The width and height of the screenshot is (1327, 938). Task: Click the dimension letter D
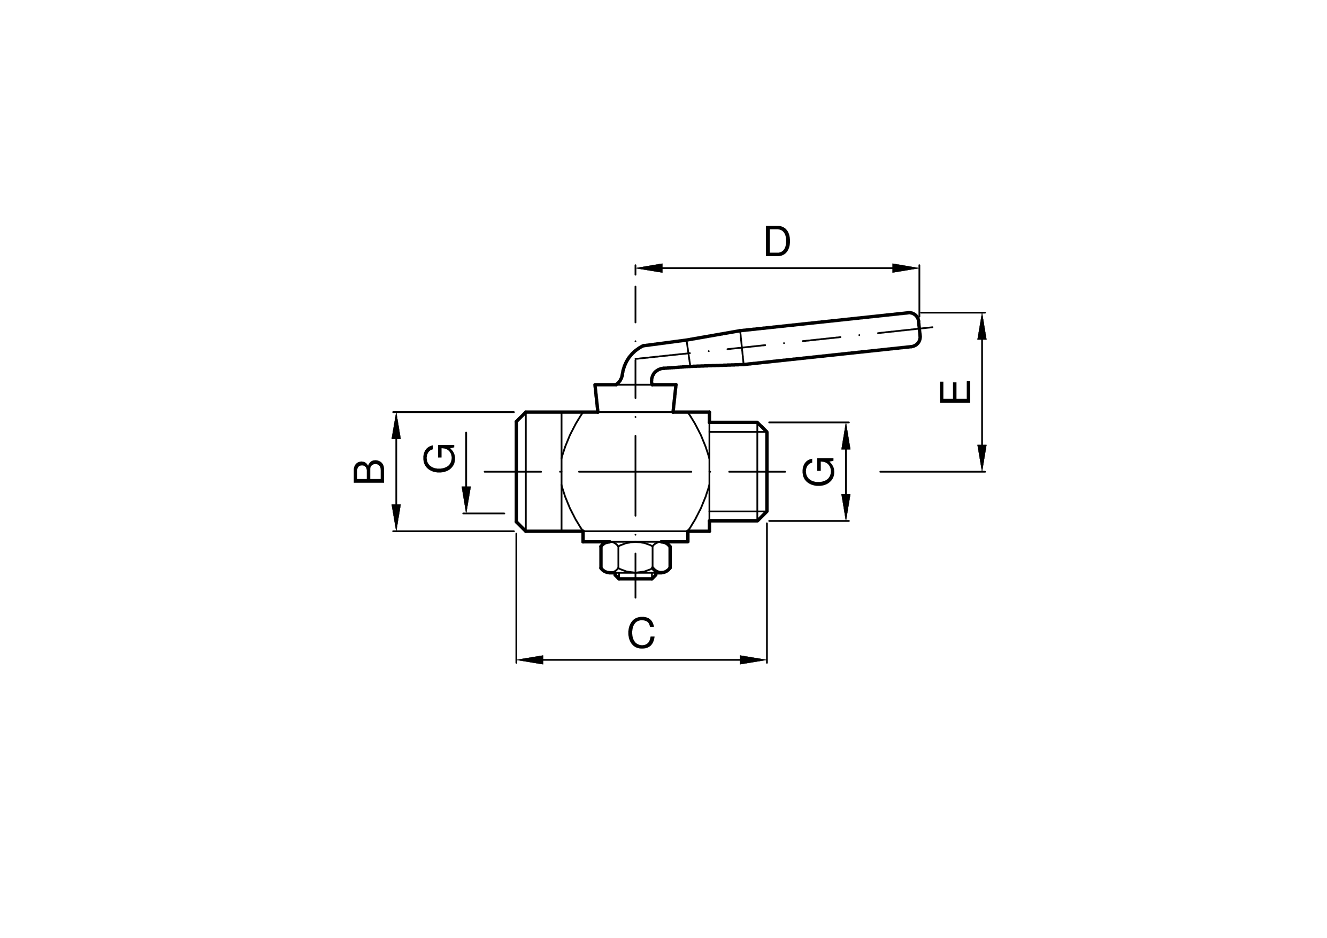pyautogui.click(x=777, y=241)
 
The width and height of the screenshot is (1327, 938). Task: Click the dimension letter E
pyautogui.click(x=955, y=391)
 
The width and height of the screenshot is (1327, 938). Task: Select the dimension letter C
pyautogui.click(x=641, y=633)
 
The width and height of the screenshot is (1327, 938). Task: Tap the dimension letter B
pyautogui.click(x=369, y=471)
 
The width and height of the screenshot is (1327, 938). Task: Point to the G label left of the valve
pyautogui.click(x=439, y=458)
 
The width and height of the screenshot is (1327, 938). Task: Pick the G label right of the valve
pyautogui.click(x=818, y=472)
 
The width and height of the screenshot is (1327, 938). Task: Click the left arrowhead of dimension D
pyautogui.click(x=648, y=268)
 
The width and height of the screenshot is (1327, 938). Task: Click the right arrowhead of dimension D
pyautogui.click(x=906, y=268)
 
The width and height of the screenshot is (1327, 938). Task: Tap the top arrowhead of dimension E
pyautogui.click(x=981, y=326)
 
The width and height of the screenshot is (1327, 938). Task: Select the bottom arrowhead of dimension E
pyautogui.click(x=981, y=458)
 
